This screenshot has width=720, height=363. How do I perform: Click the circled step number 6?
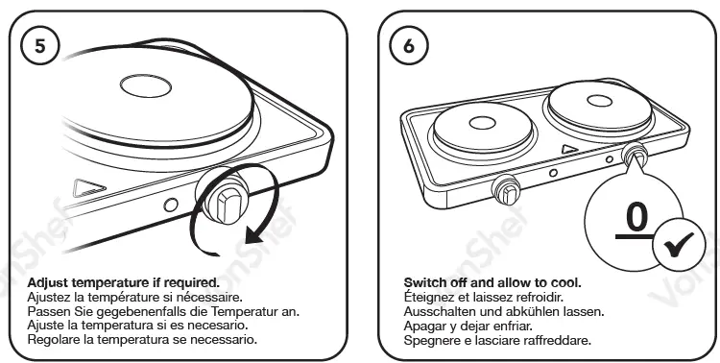(411, 45)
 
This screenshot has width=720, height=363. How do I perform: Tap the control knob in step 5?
(228, 203)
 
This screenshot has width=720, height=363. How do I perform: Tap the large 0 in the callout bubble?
(633, 218)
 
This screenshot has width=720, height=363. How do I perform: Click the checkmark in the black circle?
(677, 250)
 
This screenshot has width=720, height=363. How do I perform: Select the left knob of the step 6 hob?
(507, 190)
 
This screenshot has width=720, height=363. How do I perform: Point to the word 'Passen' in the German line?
(52, 312)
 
